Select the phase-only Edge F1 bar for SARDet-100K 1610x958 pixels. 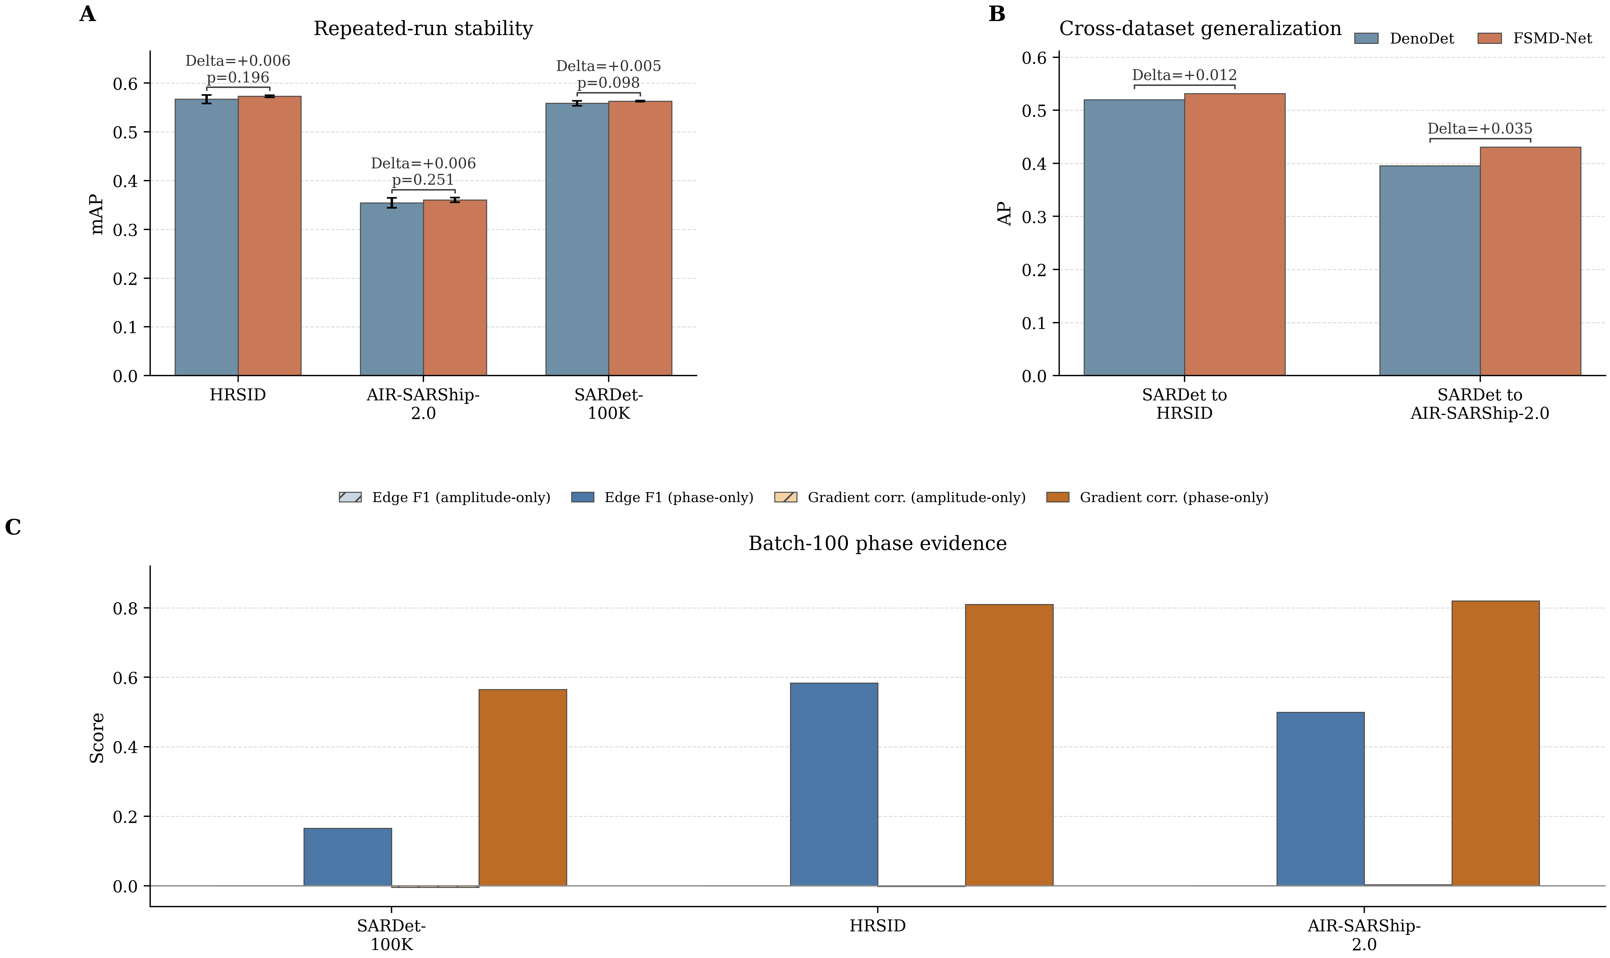click(348, 857)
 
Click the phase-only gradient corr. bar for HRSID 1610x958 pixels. click(1009, 746)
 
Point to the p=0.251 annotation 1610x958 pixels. click(423, 180)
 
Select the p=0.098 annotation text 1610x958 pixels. click(609, 83)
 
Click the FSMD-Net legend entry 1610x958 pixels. click(1535, 38)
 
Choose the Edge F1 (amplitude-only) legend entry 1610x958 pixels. click(445, 497)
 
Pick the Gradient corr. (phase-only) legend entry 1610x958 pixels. click(1157, 497)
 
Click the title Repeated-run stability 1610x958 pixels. click(423, 28)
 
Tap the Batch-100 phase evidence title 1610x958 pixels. click(877, 544)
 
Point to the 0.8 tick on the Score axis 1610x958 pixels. click(125, 608)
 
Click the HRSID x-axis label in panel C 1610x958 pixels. click(877, 926)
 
